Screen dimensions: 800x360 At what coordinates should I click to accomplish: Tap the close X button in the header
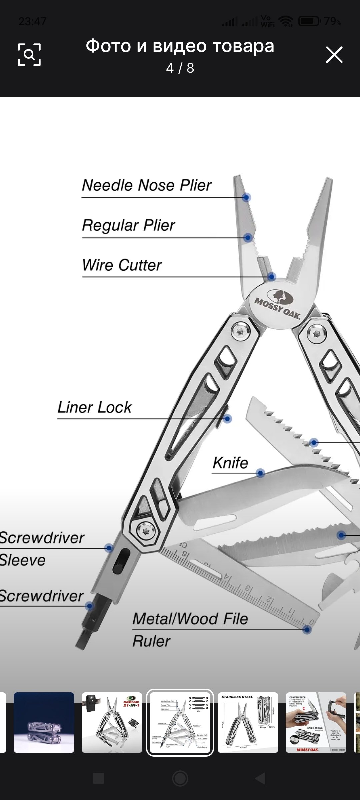click(334, 55)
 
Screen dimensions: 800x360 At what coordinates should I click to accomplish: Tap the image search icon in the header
click(29, 54)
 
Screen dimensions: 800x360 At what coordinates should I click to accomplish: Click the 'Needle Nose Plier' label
click(147, 185)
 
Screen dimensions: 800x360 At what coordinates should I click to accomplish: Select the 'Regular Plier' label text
click(129, 225)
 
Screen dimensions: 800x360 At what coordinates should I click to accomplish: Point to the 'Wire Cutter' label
click(122, 265)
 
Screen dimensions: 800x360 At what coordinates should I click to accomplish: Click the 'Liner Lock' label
click(95, 407)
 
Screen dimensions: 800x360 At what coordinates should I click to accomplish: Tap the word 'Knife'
click(231, 463)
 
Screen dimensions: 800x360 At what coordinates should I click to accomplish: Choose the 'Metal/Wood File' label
click(190, 619)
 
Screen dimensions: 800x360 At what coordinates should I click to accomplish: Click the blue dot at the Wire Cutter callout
click(272, 277)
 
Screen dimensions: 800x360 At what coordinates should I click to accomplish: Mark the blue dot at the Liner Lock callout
click(228, 419)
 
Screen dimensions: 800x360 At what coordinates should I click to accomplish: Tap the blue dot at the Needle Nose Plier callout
click(246, 197)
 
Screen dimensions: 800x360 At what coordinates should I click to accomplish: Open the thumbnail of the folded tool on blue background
click(44, 723)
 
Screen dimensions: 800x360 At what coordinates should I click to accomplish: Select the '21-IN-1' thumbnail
click(112, 723)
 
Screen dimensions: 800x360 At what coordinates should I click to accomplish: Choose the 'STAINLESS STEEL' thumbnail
click(248, 723)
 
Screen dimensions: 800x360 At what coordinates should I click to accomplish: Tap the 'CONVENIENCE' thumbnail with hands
click(316, 723)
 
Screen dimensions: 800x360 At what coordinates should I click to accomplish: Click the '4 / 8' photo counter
click(180, 68)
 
